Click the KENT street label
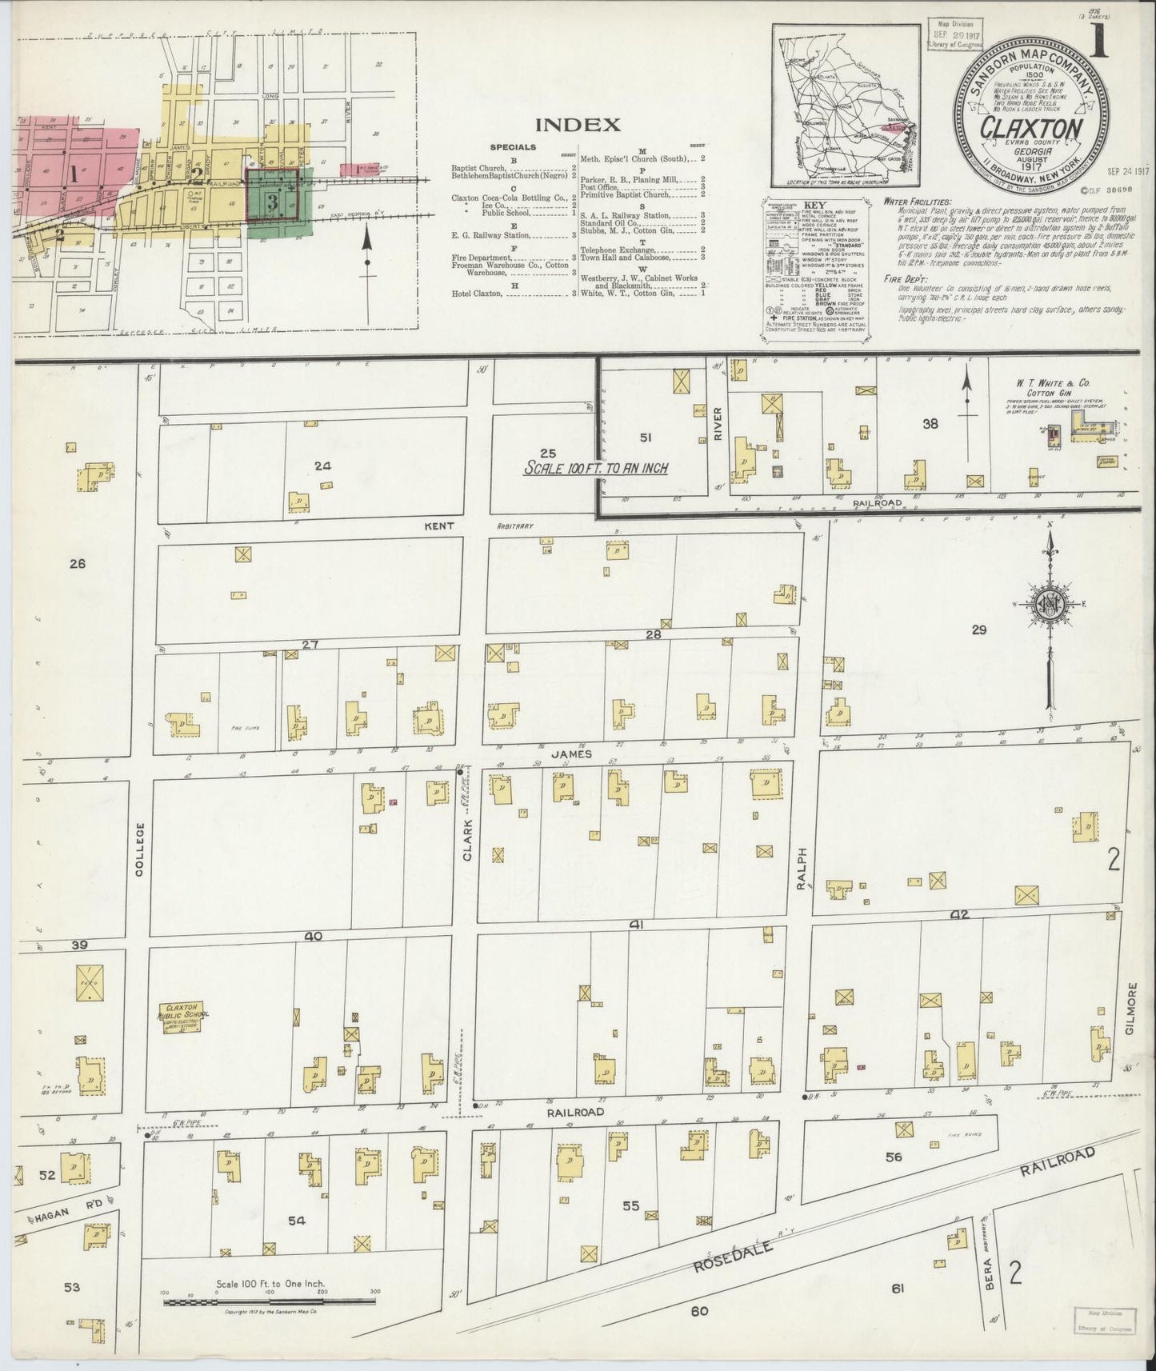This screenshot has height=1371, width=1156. pyautogui.click(x=440, y=526)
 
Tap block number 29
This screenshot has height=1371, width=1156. pyautogui.click(x=978, y=630)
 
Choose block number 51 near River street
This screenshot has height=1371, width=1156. pyautogui.click(x=646, y=437)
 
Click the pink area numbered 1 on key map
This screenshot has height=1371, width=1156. pyautogui.click(x=74, y=174)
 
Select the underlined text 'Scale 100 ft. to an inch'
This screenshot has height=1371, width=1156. pyautogui.click(x=596, y=469)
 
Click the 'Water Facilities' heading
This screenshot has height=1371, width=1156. pyautogui.click(x=918, y=202)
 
